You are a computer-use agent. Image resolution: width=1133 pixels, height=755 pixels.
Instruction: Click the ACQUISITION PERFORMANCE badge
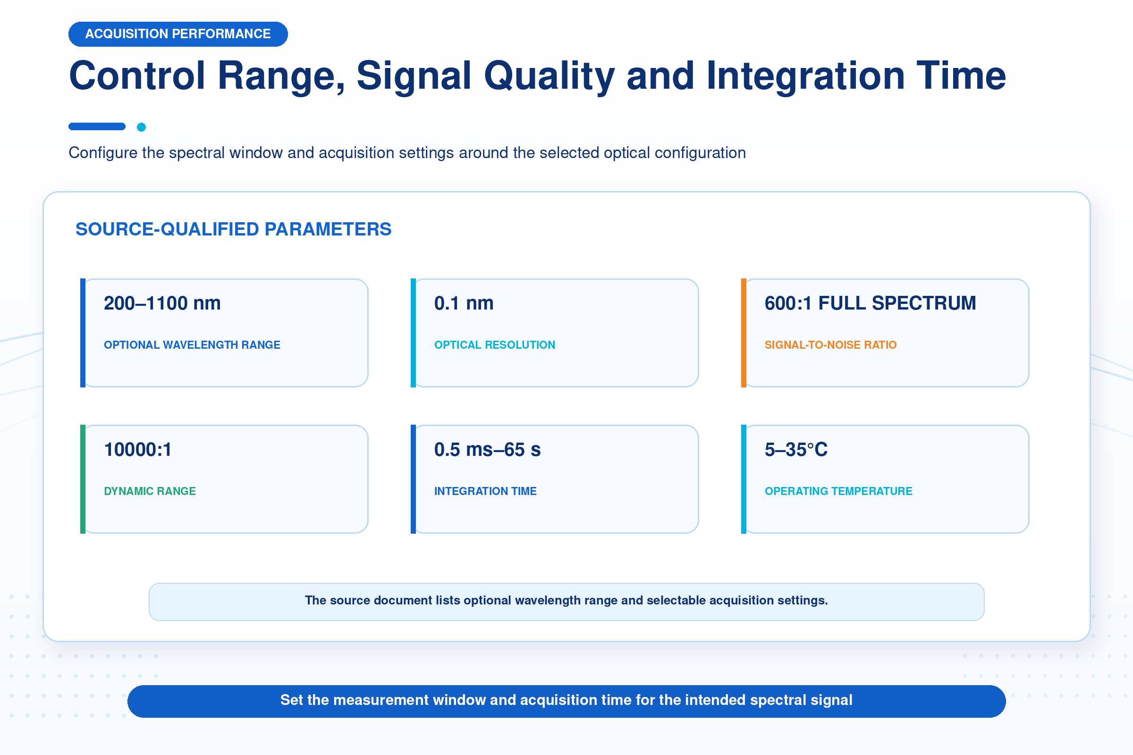178,34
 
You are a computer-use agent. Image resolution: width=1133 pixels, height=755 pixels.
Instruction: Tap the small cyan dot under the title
141,127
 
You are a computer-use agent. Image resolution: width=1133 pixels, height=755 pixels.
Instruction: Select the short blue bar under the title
97,126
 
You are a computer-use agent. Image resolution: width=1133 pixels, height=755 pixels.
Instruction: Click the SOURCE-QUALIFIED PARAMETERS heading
234,229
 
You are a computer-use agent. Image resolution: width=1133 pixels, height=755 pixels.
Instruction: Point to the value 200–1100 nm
162,303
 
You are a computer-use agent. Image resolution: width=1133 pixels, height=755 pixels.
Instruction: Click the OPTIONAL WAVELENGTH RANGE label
192,345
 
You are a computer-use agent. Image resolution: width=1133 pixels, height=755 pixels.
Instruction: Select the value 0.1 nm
464,303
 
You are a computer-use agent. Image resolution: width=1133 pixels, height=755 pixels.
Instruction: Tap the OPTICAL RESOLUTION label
495,345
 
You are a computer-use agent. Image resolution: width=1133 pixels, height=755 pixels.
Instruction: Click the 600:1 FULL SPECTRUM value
871,303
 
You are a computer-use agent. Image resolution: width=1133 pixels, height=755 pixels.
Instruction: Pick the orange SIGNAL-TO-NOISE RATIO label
830,345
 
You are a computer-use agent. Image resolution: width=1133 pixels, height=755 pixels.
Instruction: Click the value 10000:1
138,450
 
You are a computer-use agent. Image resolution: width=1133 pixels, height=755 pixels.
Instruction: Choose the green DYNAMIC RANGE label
150,491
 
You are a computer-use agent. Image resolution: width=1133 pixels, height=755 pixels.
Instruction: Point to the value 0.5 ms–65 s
488,450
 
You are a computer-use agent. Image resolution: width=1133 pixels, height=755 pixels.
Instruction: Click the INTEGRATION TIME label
485,491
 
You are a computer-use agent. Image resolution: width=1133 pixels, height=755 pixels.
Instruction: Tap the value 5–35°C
796,450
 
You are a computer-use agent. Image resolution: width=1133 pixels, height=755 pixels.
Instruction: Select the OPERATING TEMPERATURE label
839,491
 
